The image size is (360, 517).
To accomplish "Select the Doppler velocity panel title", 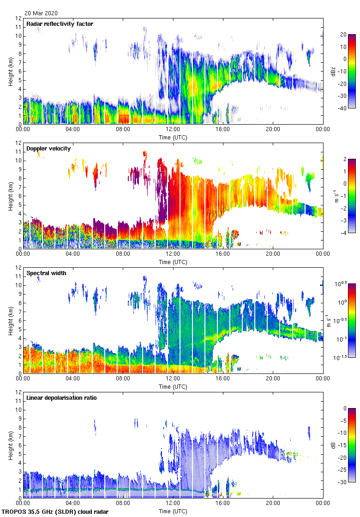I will (x=48, y=149).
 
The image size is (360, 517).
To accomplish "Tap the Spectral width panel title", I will (x=46, y=273).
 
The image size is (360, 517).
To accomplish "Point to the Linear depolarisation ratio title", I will (x=61, y=398).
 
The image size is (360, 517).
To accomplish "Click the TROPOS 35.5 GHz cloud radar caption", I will (x=55, y=512).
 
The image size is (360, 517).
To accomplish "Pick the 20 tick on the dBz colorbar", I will (x=343, y=35).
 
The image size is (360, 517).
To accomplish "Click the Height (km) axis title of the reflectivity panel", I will (x=10, y=71).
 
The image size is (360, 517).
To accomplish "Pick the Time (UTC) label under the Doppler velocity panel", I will (x=173, y=262).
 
